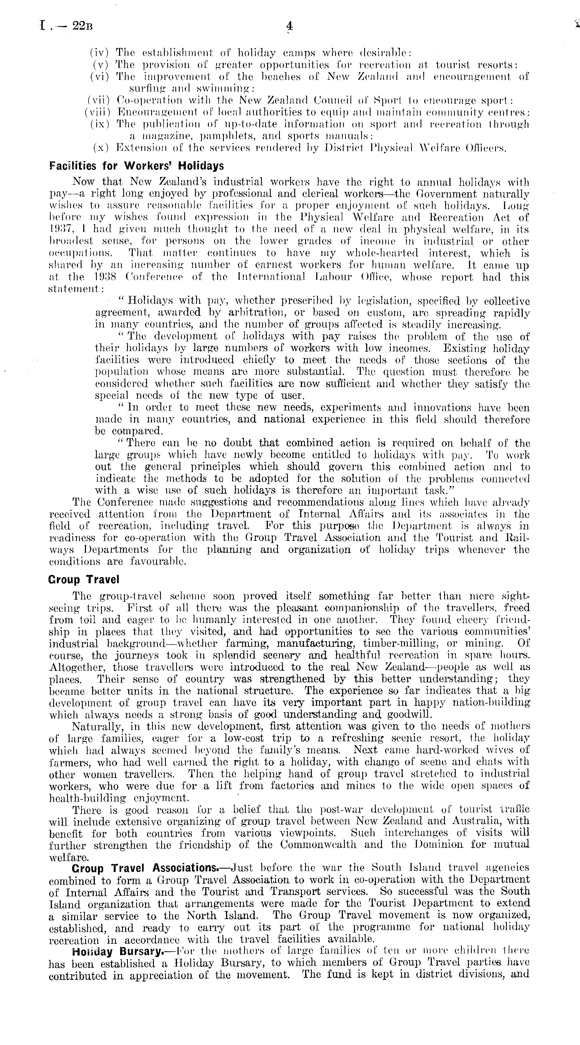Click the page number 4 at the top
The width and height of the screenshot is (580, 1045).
(x=289, y=26)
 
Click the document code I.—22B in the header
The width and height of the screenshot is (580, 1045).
(x=66, y=26)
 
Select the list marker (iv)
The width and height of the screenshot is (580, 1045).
(x=100, y=53)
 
